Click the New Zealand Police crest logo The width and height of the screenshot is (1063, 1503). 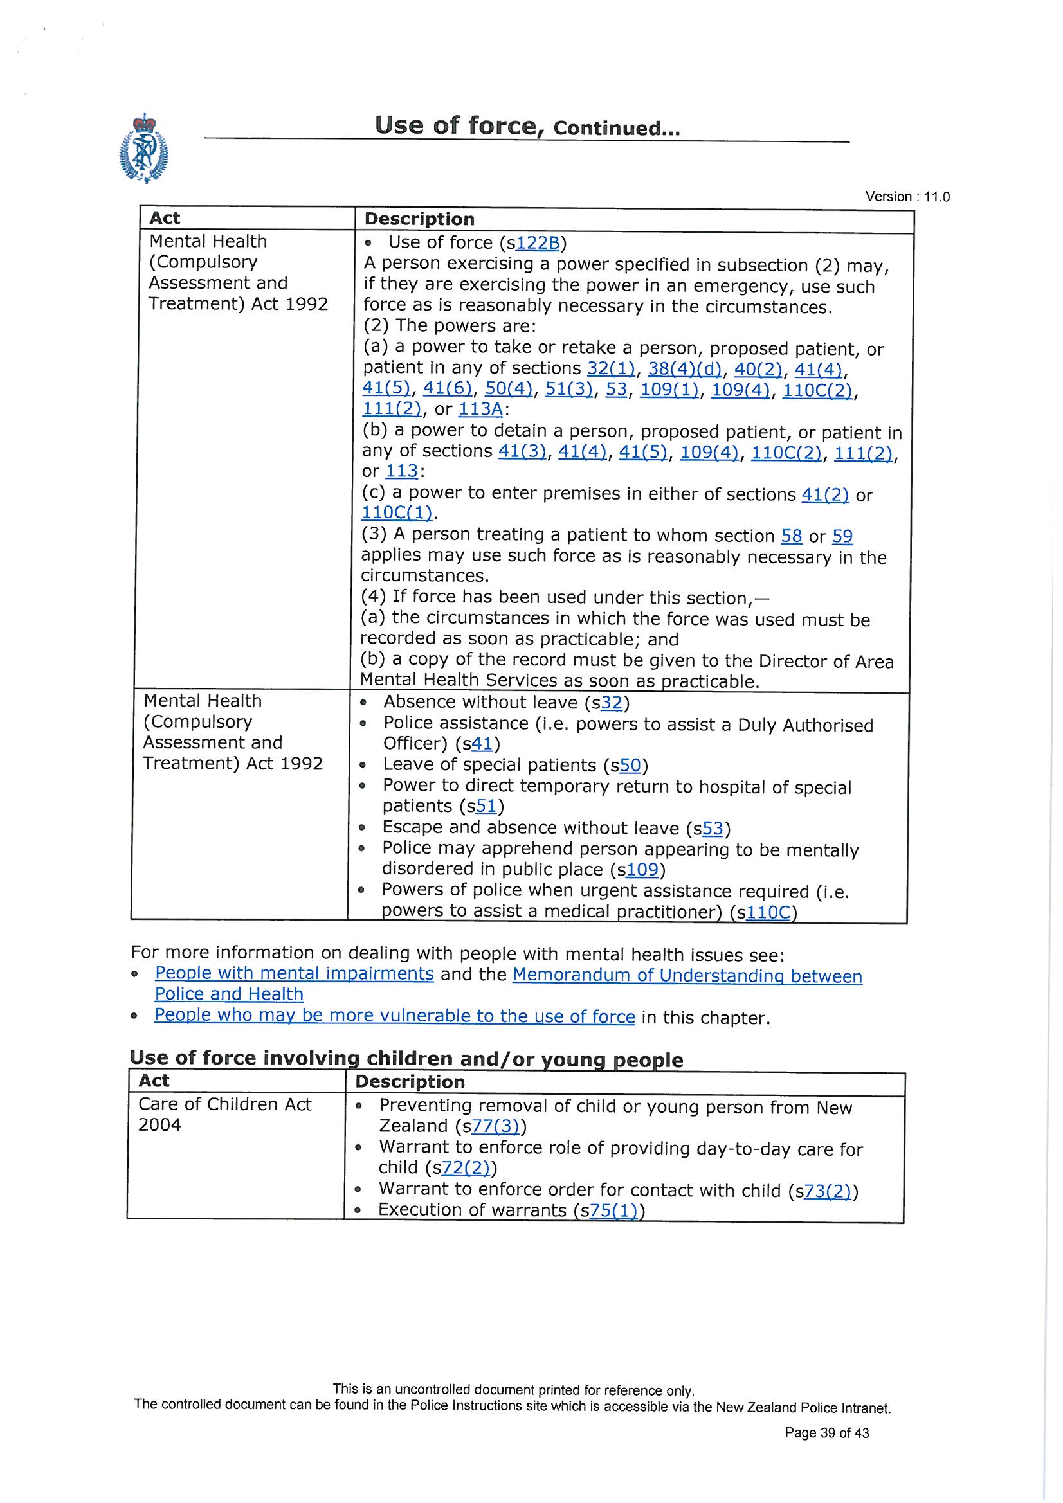click(x=143, y=148)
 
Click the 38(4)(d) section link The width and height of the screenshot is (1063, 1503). click(x=684, y=369)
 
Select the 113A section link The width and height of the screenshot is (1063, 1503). click(x=480, y=410)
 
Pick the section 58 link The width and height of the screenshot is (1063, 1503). click(x=791, y=537)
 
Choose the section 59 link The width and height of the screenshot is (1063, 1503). click(x=842, y=537)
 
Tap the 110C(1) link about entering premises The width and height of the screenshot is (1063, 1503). click(x=396, y=512)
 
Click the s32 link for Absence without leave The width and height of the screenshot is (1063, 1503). click(x=610, y=703)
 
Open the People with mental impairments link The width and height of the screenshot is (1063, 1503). click(x=294, y=974)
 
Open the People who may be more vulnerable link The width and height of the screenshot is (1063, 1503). click(x=394, y=1016)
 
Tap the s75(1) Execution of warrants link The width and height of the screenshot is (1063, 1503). click(x=613, y=1210)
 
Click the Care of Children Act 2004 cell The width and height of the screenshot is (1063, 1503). click(x=224, y=1115)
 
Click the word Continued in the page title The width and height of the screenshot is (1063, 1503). click(x=616, y=129)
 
